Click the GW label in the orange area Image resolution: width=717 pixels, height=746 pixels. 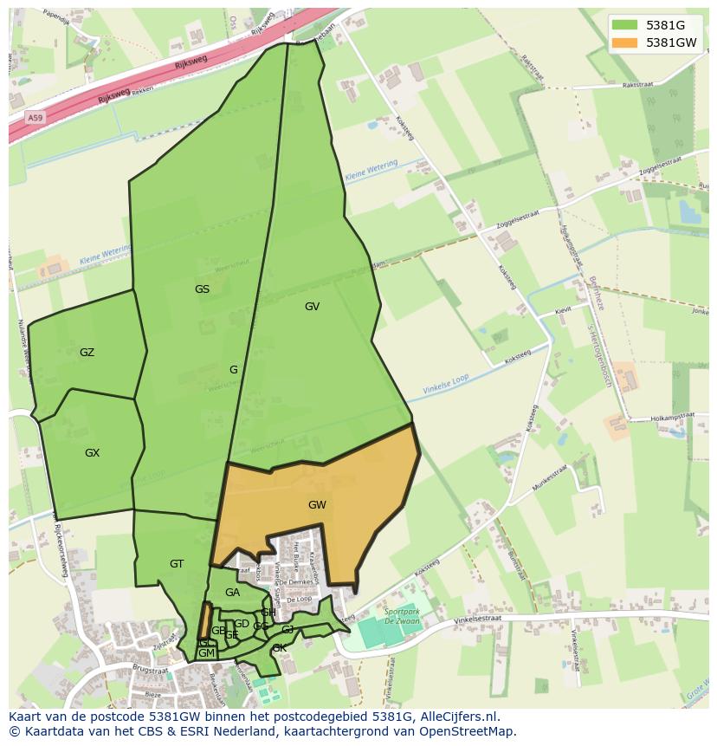[317, 505]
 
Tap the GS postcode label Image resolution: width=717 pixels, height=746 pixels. [202, 289]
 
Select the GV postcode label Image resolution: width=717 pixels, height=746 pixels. [312, 307]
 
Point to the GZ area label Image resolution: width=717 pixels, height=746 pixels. [87, 353]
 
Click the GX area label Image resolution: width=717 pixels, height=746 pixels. [92, 453]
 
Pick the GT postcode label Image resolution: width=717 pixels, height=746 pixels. [177, 564]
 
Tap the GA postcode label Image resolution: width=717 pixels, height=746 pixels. [232, 593]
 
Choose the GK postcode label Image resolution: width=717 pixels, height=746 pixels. [279, 648]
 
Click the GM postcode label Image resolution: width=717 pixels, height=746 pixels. [206, 653]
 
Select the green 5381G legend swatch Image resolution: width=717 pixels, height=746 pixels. [623, 25]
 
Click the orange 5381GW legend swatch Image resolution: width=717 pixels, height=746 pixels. [623, 42]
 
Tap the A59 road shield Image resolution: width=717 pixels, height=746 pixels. [35, 118]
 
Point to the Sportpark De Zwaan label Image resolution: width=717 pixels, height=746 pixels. [399, 615]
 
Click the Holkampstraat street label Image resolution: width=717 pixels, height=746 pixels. [671, 417]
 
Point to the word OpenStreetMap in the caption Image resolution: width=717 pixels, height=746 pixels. [468, 731]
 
